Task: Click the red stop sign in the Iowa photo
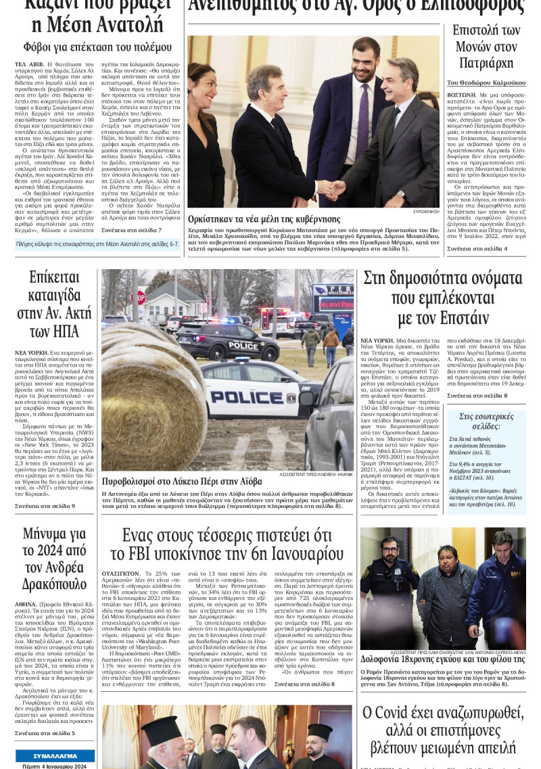point(138,297)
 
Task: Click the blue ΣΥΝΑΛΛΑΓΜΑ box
point(55,755)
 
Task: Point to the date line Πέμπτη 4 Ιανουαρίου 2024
point(56,766)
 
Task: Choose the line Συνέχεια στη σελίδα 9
point(45,505)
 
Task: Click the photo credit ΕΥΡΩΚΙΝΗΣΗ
point(425,211)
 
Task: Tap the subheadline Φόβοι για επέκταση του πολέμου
point(97,47)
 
